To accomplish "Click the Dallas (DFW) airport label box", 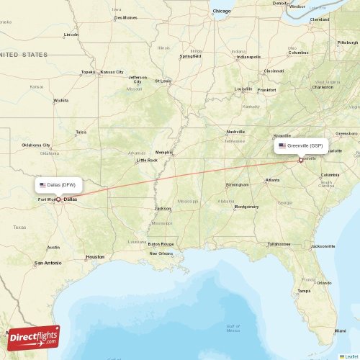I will coord(64,185).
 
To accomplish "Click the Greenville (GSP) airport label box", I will coord(301,145).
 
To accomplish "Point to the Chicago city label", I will coord(222,12).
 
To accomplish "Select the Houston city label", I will coord(95,256).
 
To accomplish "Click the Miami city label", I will coord(339,330).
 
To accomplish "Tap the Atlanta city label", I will coord(273,179).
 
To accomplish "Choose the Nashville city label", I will coord(236,132).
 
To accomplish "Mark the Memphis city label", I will coord(164,152).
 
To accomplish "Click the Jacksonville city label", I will coord(322,246).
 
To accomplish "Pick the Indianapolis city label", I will coord(248,57).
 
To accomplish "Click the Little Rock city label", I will coord(147,161).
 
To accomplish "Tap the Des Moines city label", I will coord(125,17).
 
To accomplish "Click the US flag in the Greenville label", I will coord(282,145).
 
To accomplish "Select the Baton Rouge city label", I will coord(161,243).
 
